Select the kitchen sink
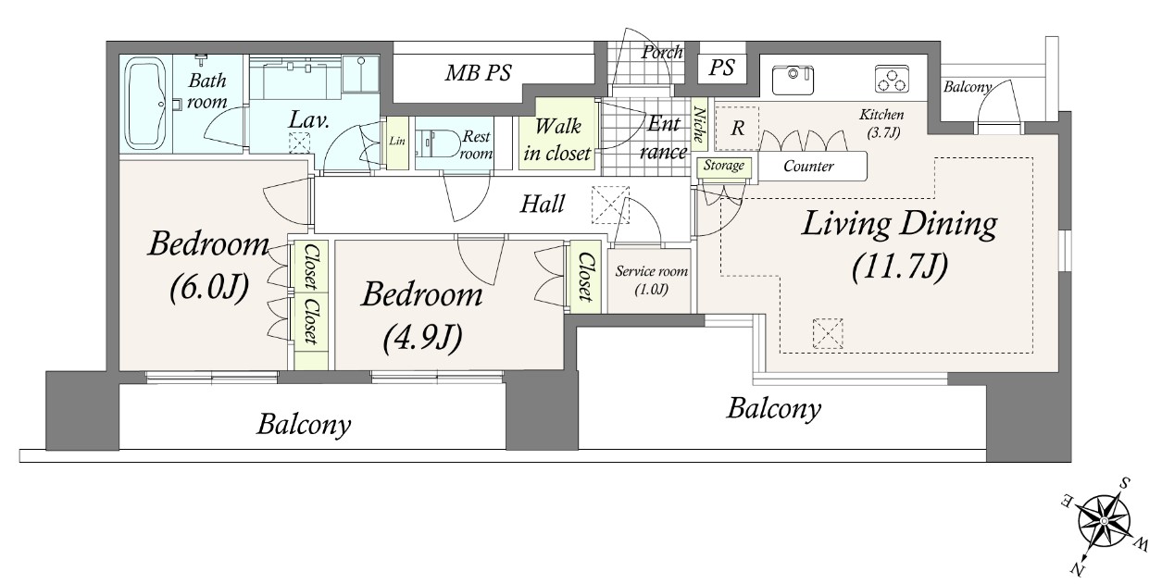pyautogui.click(x=793, y=80)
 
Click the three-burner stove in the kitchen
pyautogui.click(x=892, y=79)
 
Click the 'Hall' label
pyautogui.click(x=542, y=204)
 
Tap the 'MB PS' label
pyautogui.click(x=479, y=72)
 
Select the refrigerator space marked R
pyautogui.click(x=737, y=128)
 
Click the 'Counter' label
pyautogui.click(x=808, y=166)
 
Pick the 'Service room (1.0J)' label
pyautogui.click(x=652, y=280)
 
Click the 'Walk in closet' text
pyautogui.click(x=557, y=140)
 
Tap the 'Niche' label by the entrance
pyautogui.click(x=699, y=124)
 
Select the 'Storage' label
pyautogui.click(x=724, y=166)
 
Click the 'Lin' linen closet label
pyautogui.click(x=397, y=141)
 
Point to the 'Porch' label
pyautogui.click(x=662, y=53)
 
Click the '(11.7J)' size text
pyautogui.click(x=900, y=267)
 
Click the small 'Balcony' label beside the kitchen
pyautogui.click(x=967, y=87)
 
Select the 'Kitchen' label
pyautogui.click(x=881, y=115)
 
